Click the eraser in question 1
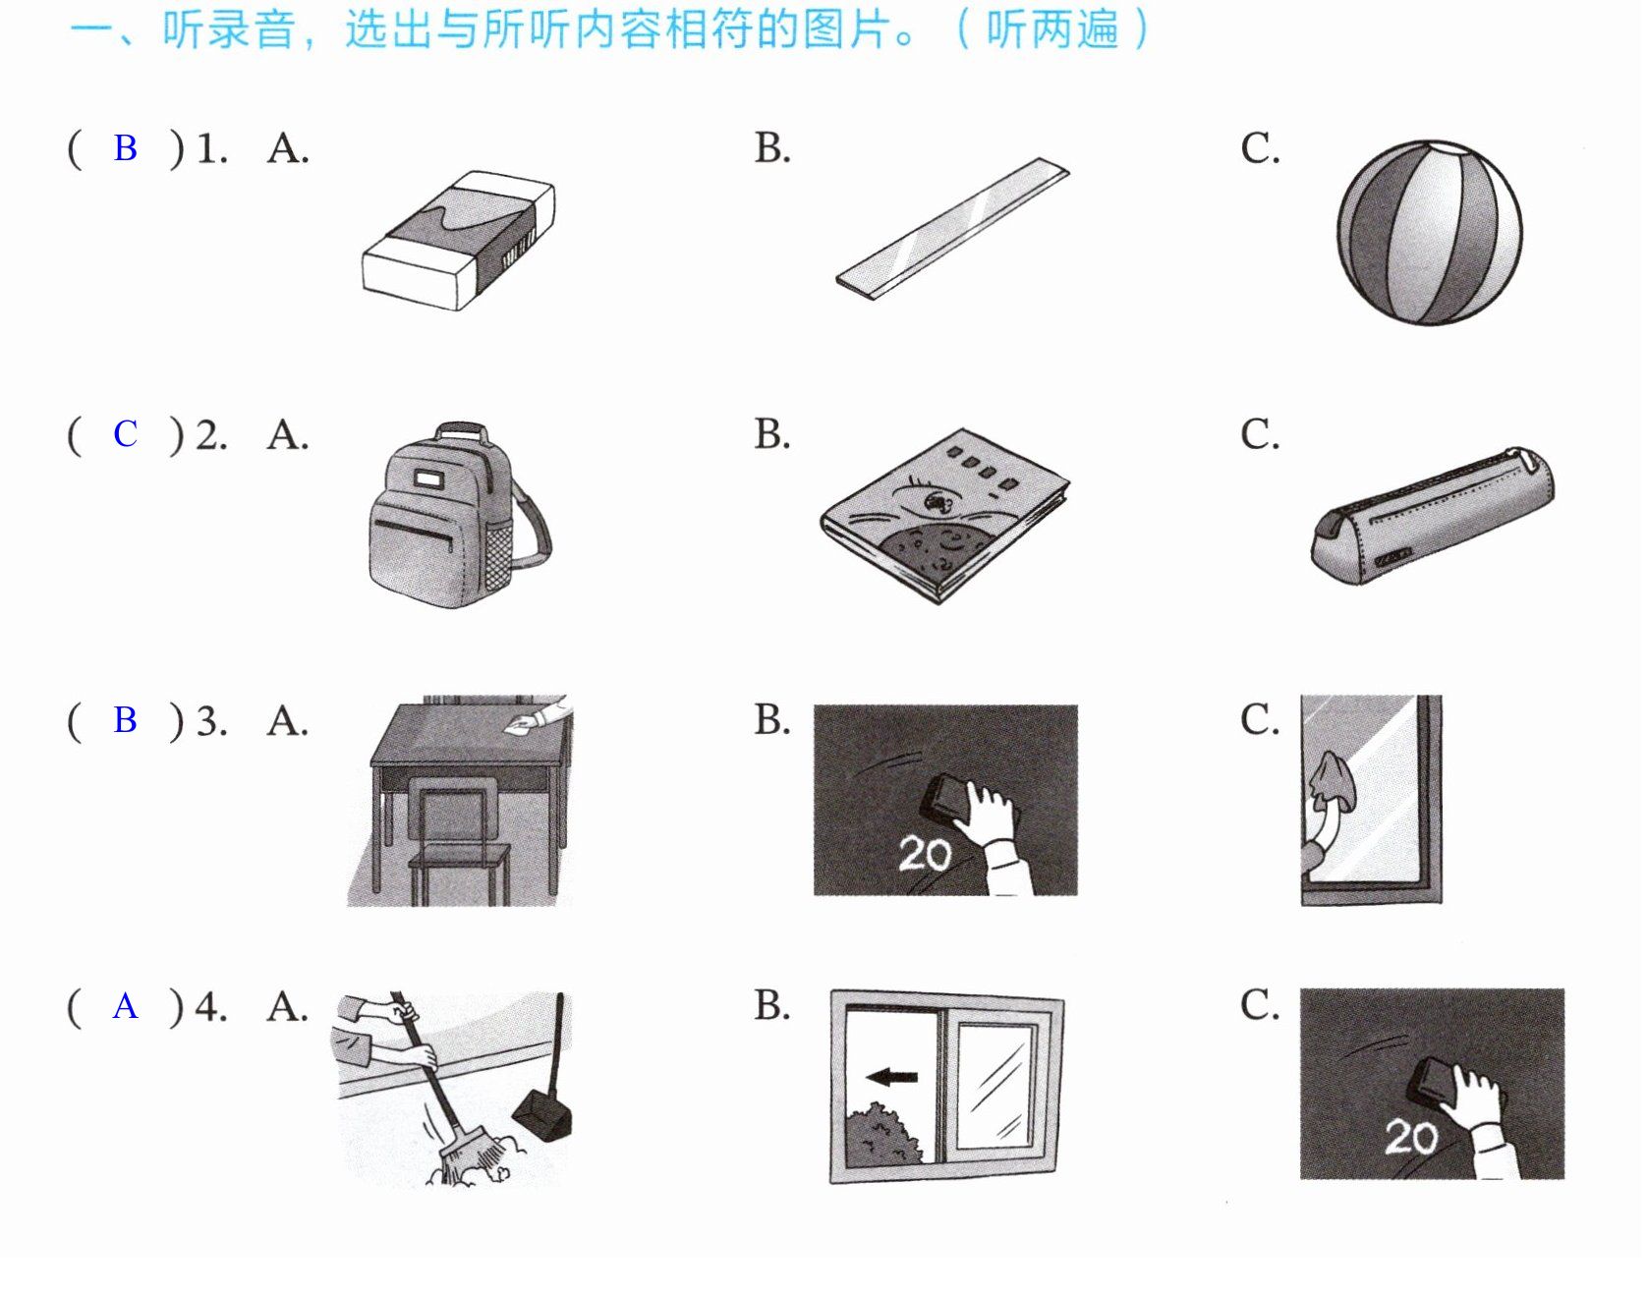(x=458, y=241)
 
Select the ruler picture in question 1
(x=953, y=227)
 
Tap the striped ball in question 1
(x=1429, y=233)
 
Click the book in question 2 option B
(x=944, y=514)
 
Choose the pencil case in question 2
(x=1433, y=515)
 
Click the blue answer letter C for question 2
(x=125, y=433)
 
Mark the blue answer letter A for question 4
(x=125, y=1006)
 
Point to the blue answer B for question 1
(x=125, y=147)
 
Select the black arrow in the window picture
(x=892, y=1077)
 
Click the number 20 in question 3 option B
(x=924, y=853)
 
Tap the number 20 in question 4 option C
(x=1410, y=1137)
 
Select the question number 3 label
(x=210, y=721)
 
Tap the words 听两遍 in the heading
(x=1051, y=29)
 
